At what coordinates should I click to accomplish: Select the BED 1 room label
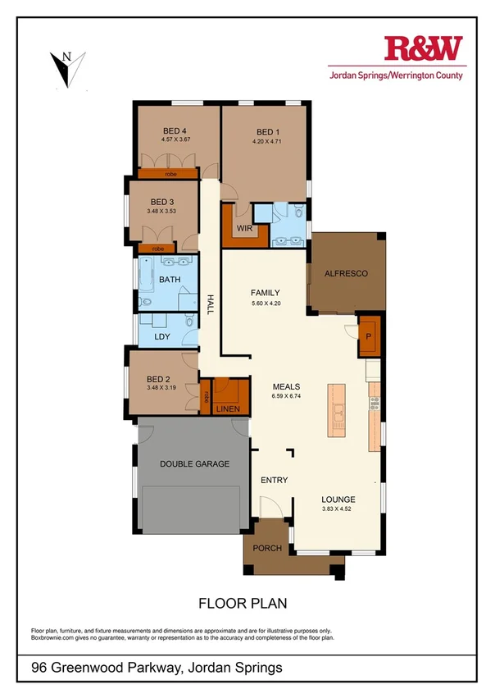[x=268, y=132]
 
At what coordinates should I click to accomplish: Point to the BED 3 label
[x=162, y=202]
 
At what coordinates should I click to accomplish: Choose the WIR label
[x=243, y=227]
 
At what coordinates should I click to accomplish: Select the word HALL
[x=210, y=305]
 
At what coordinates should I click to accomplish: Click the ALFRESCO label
[x=345, y=272]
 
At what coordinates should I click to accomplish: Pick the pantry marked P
[x=369, y=336]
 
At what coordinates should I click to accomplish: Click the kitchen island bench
[x=337, y=410]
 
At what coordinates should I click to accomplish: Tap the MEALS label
[x=286, y=386]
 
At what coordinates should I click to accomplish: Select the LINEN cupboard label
[x=228, y=408]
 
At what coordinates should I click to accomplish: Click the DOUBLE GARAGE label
[x=194, y=463]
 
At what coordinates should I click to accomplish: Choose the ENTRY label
[x=274, y=481]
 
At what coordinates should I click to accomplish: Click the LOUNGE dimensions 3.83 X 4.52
[x=338, y=509]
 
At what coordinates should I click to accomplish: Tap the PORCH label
[x=267, y=549]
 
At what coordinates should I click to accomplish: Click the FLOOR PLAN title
[x=243, y=604]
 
